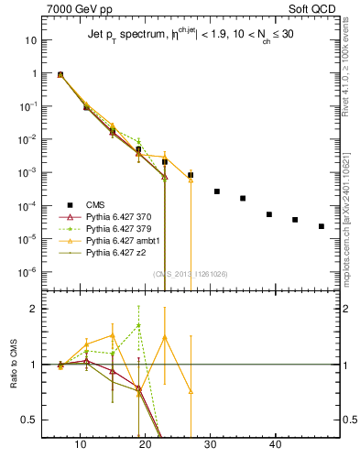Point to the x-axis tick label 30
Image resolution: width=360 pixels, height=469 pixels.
(x=212, y=445)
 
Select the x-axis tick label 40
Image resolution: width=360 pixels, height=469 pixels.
(x=275, y=445)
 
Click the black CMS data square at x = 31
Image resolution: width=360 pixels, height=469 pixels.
(x=217, y=191)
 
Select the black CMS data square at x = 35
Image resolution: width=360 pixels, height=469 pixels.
(x=243, y=198)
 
